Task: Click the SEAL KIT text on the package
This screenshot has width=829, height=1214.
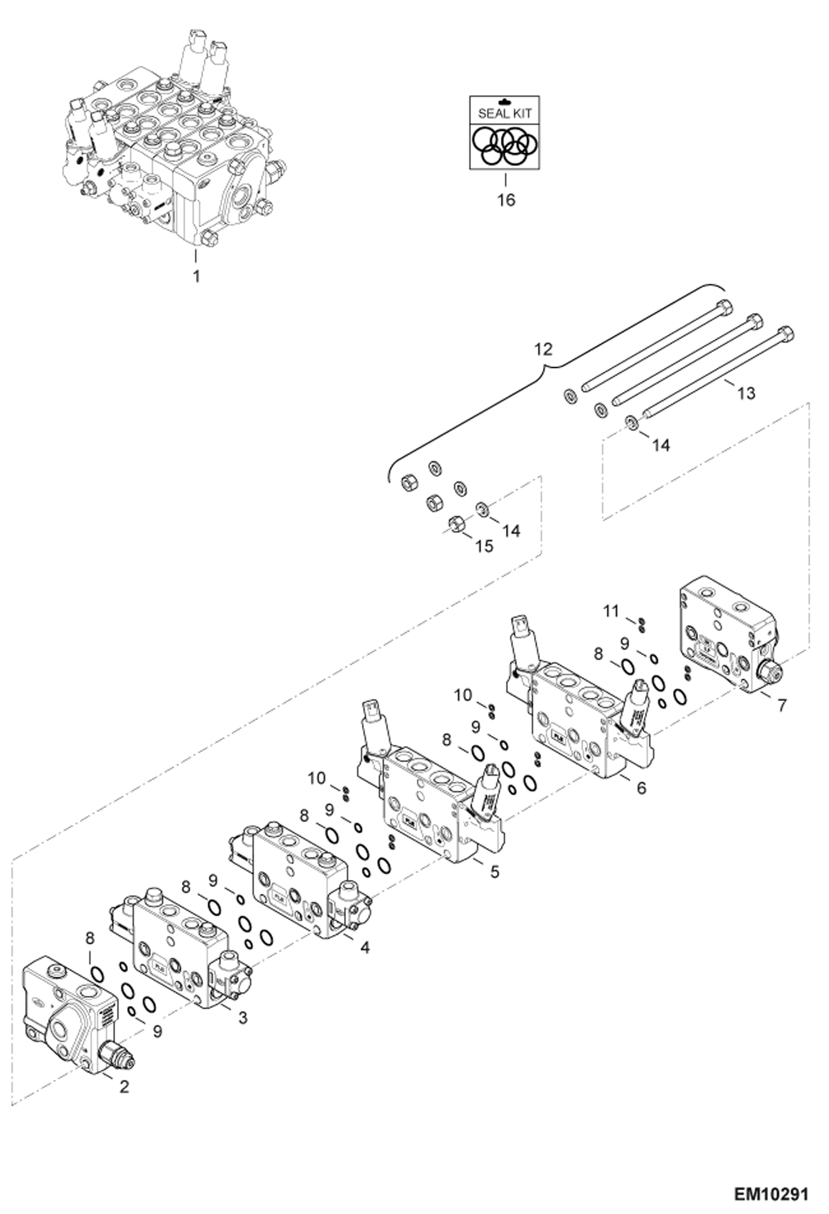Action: (x=504, y=113)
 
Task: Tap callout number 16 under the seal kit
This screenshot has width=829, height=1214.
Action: (x=506, y=200)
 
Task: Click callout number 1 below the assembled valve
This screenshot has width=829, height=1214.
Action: (x=196, y=276)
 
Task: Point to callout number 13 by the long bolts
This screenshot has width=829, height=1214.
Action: (x=746, y=393)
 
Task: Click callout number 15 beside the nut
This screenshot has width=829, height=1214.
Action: (x=484, y=546)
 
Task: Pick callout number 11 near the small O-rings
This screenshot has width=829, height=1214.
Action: (x=610, y=611)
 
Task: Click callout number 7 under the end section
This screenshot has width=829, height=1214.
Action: (x=781, y=705)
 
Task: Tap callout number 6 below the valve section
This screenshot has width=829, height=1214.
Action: (x=641, y=788)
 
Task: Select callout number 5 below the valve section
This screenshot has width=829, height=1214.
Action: (x=494, y=871)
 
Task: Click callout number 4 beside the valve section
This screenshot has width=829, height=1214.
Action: (x=364, y=947)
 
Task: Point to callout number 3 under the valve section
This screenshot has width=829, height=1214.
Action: (x=242, y=1018)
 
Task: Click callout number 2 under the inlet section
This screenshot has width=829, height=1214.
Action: (x=124, y=1086)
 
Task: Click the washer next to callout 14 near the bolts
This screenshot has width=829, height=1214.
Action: (x=631, y=423)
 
